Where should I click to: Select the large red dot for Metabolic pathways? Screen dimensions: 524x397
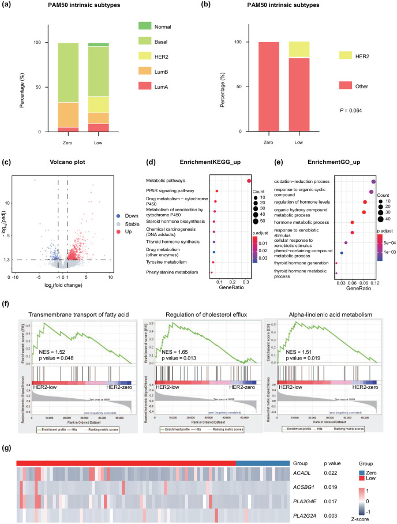point(249,181)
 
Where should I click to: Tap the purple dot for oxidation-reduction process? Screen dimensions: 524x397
point(373,181)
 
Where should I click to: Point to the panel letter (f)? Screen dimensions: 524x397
point(9,303)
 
